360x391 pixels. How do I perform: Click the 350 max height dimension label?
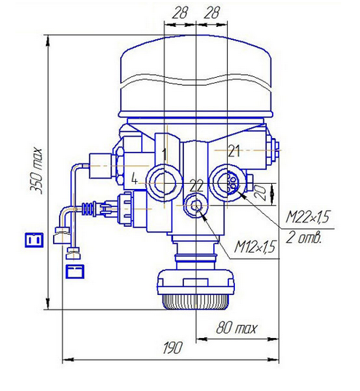click(37, 171)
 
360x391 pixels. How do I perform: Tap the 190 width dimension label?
click(172, 347)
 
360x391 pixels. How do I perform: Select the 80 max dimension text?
click(236, 328)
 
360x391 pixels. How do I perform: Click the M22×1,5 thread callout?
click(308, 217)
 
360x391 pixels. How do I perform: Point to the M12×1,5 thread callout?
click(255, 247)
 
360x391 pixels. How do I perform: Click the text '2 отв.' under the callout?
click(303, 238)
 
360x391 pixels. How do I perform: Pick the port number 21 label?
click(233, 151)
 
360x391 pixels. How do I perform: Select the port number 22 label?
click(196, 186)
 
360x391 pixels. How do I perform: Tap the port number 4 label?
click(135, 180)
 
